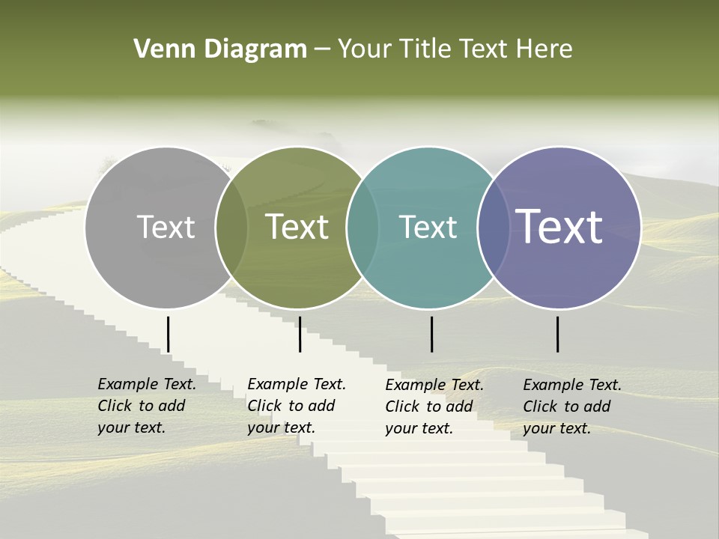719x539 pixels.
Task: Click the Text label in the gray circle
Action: point(166,227)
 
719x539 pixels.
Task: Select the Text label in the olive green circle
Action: point(297,227)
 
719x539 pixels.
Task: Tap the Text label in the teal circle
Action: point(428,227)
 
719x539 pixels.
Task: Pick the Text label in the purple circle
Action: point(559,226)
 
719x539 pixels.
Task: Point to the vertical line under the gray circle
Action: point(169,334)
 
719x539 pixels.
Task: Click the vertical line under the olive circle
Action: point(300,334)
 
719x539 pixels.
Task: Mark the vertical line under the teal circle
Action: point(431,334)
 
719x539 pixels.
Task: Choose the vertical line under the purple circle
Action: point(558,334)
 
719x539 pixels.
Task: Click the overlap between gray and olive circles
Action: point(231,228)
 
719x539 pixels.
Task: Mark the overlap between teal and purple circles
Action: point(493,228)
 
